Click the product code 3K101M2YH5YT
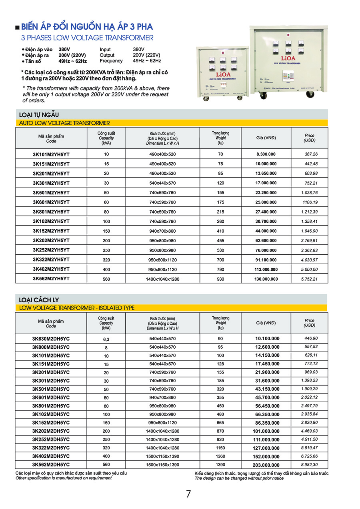51,154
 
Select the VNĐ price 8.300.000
266,154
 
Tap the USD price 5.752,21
309,279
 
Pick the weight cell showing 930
220,279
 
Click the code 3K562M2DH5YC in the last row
51,465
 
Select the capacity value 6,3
106,339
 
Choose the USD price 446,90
311,338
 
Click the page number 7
188,494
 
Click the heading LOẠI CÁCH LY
39,300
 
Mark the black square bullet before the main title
17,28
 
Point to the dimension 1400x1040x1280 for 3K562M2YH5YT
162,279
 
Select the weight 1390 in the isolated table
220,465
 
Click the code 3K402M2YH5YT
51,269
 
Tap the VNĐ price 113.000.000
266,269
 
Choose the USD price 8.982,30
309,465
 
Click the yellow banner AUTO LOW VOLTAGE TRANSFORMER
64,123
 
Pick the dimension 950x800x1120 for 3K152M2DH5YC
162,423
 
